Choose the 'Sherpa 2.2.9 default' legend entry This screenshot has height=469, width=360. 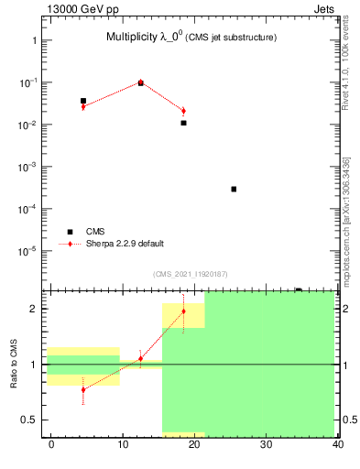click(125, 244)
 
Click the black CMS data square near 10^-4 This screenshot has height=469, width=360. click(234, 189)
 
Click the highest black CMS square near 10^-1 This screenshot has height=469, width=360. click(140, 83)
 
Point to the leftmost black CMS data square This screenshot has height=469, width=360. click(83, 101)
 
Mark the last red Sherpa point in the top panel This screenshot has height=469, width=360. click(183, 111)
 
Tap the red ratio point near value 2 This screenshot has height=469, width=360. click(183, 311)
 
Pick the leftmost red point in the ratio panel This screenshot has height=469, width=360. click(83, 389)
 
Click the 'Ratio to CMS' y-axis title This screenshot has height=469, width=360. click(15, 364)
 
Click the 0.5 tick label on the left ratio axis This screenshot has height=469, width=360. click(30, 420)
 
